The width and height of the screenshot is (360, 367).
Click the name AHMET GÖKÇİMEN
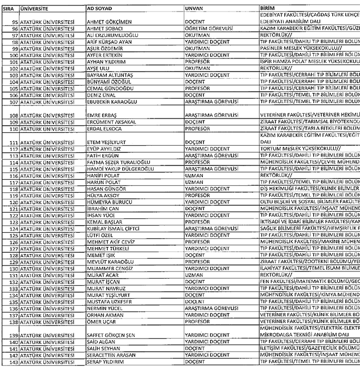[108, 21]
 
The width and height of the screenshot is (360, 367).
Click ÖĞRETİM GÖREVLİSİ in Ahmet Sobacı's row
[210, 28]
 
